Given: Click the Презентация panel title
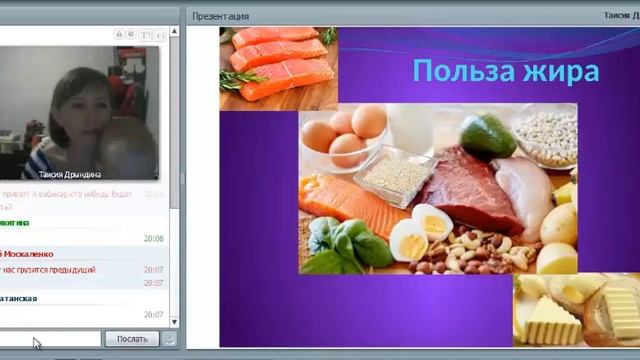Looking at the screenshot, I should (221, 16).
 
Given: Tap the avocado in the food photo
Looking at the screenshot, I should (487, 135).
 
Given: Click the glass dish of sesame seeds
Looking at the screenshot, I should (395, 174).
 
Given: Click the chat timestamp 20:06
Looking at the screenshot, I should (153, 239).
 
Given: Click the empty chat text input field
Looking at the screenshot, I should (50, 339).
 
